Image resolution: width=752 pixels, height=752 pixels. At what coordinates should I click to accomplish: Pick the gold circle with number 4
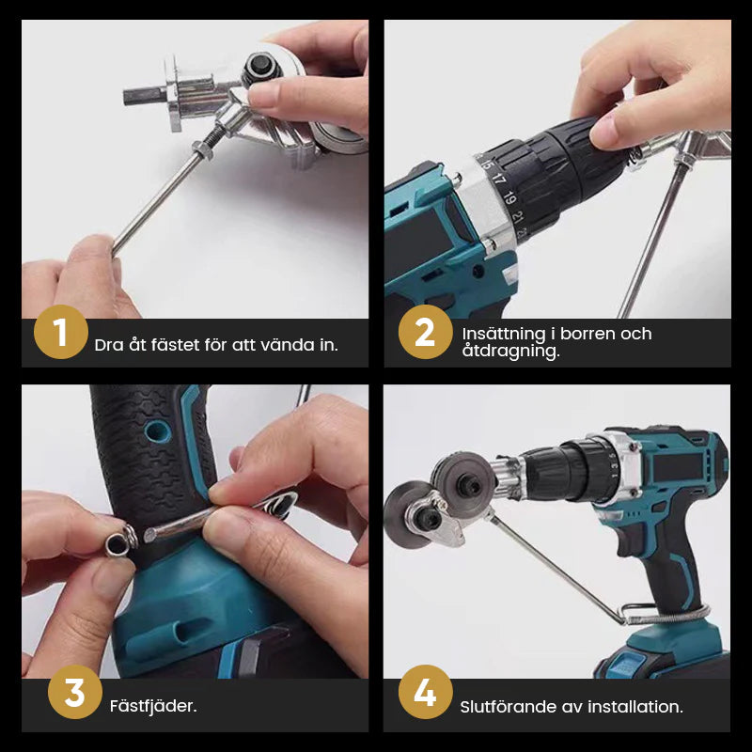click(x=425, y=693)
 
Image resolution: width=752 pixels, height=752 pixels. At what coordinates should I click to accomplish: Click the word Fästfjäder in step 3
click(x=153, y=705)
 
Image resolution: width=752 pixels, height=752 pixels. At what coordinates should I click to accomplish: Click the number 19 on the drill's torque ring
click(x=509, y=197)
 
